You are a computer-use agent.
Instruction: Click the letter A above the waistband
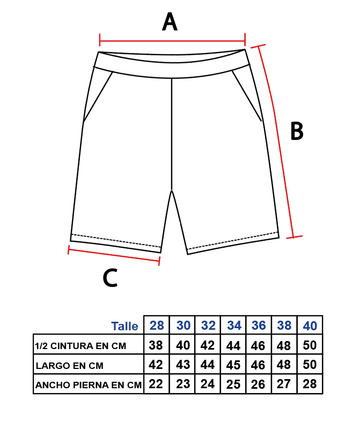[x=170, y=21]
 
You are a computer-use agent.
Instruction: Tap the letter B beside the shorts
[x=297, y=131]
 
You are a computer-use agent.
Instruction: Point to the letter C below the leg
[x=110, y=278]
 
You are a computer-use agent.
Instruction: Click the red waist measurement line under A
[x=172, y=41]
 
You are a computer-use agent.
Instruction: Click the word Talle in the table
[x=124, y=326]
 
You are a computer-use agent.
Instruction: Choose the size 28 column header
[x=157, y=325]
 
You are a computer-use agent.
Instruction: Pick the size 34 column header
[x=234, y=325]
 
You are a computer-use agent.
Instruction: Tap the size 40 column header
[x=310, y=325]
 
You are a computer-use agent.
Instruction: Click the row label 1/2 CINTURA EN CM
[x=80, y=346]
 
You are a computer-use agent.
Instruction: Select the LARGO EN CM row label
[x=69, y=366]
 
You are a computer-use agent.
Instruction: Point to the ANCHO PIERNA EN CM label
[x=89, y=385]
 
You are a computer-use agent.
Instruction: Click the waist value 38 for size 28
[x=156, y=345]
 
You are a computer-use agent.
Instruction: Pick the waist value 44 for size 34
[x=233, y=345]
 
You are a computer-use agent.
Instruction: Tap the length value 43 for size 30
[x=183, y=365]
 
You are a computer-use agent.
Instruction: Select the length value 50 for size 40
[x=310, y=365]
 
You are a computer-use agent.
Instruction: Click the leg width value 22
[x=156, y=384]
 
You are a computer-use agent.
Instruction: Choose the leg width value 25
[x=233, y=384]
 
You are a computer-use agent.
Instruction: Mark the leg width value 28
[x=310, y=384]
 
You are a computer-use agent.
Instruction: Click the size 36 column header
[x=259, y=325]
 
